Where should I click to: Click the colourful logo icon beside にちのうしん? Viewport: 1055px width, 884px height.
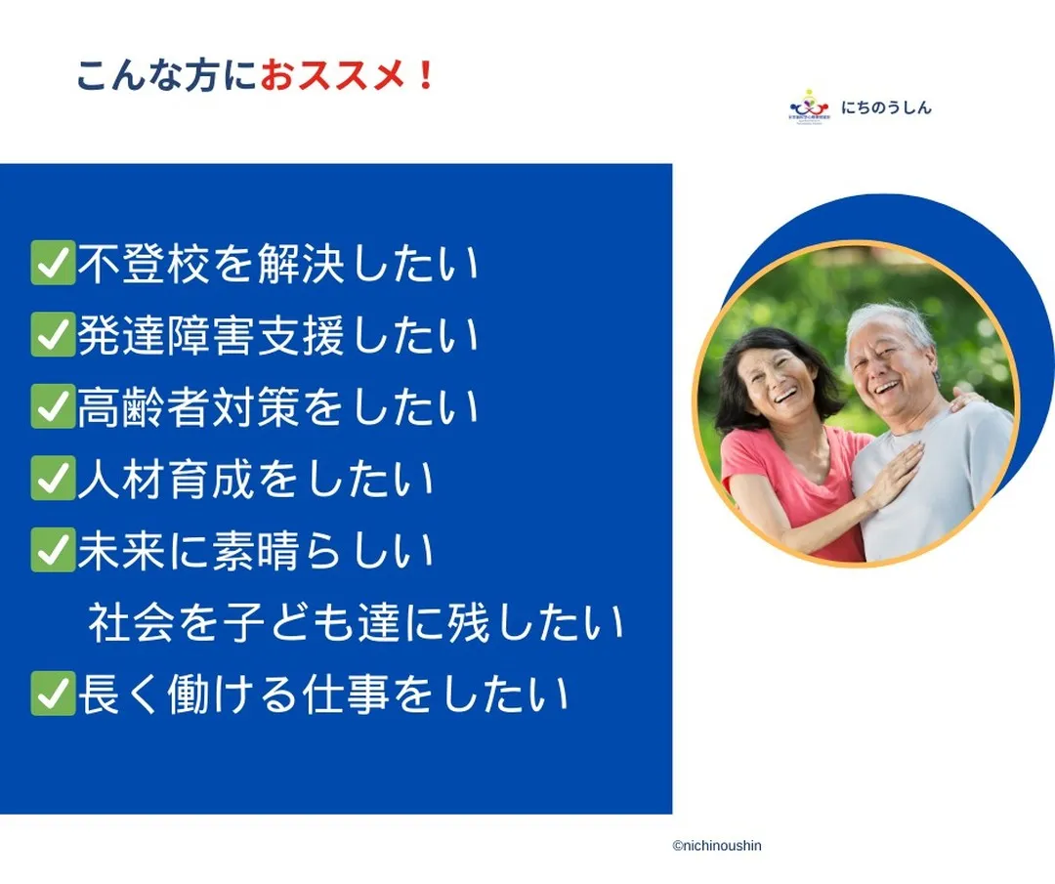tap(808, 105)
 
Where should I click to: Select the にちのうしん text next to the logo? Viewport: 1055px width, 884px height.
tap(887, 107)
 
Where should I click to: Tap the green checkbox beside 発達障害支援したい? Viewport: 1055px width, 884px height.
tap(53, 336)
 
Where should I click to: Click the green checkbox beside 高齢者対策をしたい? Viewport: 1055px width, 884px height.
tap(53, 407)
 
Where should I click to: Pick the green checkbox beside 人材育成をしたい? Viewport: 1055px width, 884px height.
tap(53, 480)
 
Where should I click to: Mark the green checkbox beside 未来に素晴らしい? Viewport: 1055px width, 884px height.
tap(53, 551)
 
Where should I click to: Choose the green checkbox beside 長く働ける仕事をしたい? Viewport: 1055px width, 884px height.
tap(53, 695)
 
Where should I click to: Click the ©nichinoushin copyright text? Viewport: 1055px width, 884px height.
tap(716, 846)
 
